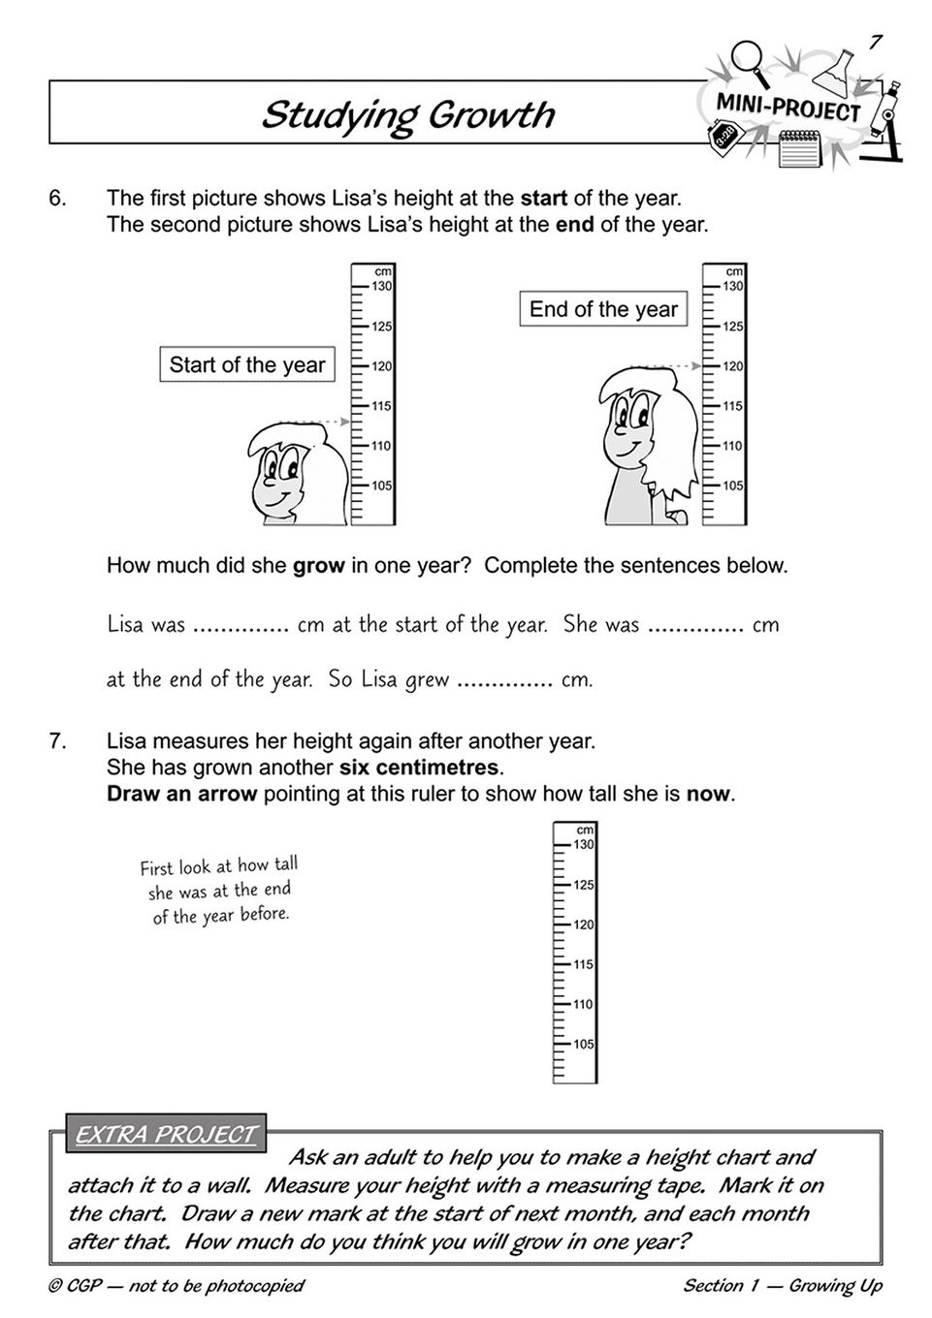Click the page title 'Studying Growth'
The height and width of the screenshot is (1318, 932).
click(407, 114)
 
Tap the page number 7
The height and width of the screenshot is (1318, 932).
click(875, 43)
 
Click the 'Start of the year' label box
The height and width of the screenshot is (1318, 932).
click(247, 364)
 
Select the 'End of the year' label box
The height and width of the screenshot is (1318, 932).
click(603, 309)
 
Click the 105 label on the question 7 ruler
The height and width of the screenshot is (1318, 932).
click(582, 1045)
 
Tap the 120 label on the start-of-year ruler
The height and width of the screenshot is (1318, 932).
click(381, 366)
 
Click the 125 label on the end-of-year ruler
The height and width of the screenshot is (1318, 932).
click(732, 327)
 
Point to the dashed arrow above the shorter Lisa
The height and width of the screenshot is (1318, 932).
click(320, 422)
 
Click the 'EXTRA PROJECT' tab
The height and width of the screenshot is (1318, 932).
click(165, 1134)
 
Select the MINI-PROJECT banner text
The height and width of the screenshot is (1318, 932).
click(787, 108)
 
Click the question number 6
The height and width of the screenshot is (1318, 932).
click(58, 199)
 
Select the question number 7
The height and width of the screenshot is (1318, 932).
click(58, 741)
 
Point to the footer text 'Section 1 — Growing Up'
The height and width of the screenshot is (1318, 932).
click(782, 1286)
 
